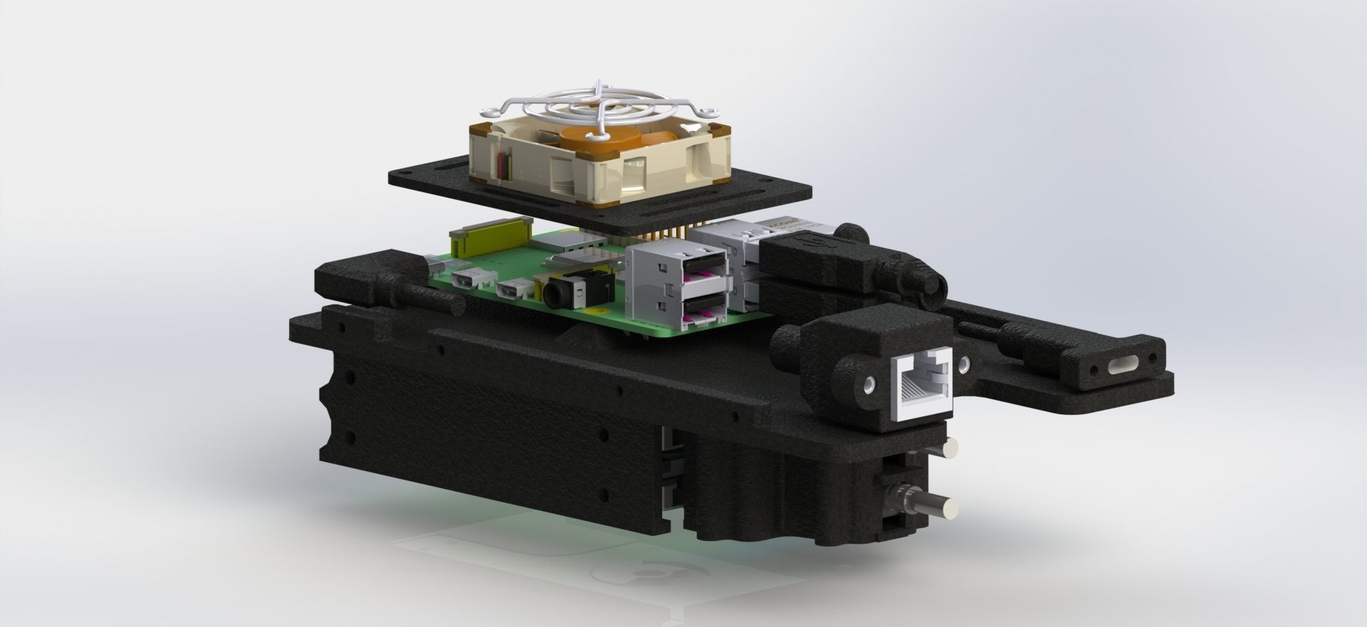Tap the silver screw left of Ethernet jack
tap(869, 384)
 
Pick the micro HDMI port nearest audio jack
tap(512, 289)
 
